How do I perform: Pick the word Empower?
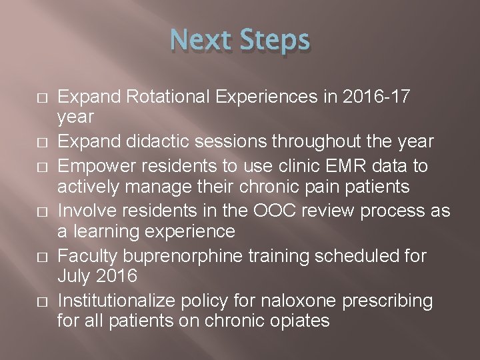99,165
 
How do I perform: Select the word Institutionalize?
126,300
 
